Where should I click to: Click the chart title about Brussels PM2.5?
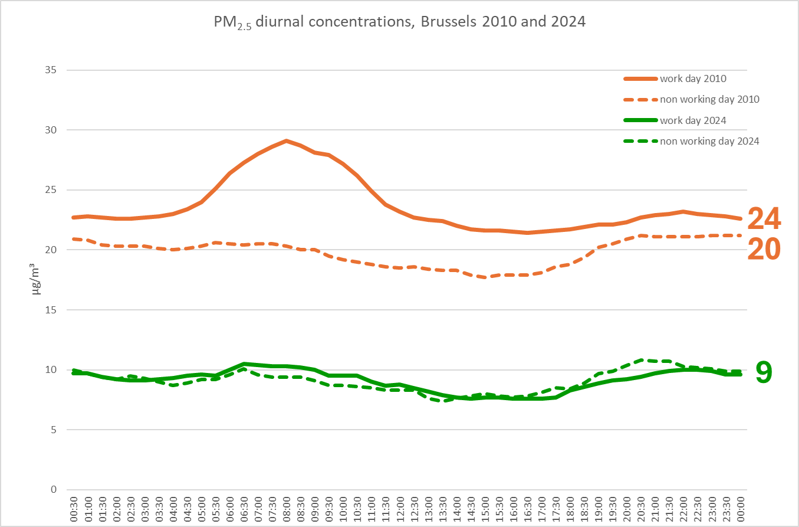pyautogui.click(x=399, y=22)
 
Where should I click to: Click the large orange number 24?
pyautogui.click(x=764, y=219)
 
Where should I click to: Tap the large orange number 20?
pyautogui.click(x=764, y=250)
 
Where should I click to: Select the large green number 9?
pyautogui.click(x=764, y=372)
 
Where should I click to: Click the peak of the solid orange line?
pyautogui.click(x=286, y=140)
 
